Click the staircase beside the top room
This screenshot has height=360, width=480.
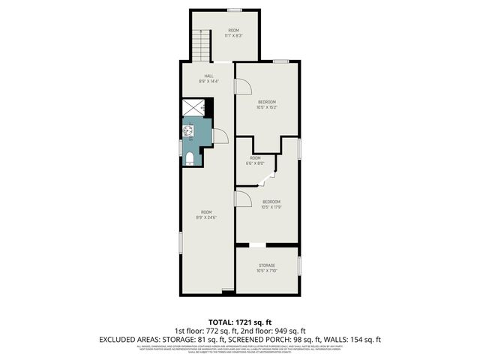click(x=200, y=46)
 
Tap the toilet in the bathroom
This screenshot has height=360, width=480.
click(x=190, y=157)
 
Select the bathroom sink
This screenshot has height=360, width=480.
click(x=188, y=132)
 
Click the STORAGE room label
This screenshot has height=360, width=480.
click(x=267, y=265)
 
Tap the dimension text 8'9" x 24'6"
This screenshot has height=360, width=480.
click(x=207, y=217)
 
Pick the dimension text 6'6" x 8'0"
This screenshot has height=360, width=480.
click(x=255, y=163)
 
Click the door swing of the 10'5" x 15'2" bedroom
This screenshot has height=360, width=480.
click(x=243, y=85)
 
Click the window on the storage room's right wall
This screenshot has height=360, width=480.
click(x=299, y=265)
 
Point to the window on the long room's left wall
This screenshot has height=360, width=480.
click(x=180, y=243)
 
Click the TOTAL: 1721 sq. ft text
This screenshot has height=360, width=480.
click(x=239, y=321)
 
